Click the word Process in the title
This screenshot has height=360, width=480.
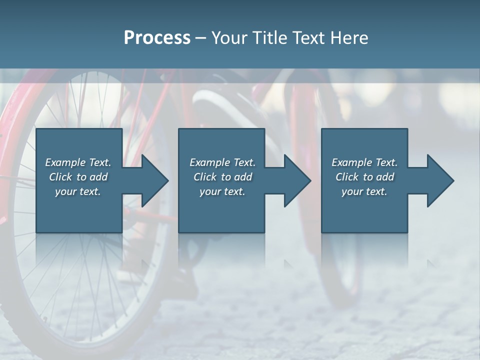[157, 38]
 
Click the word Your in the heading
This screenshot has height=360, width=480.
[230, 38]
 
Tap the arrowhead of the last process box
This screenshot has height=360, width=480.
[439, 180]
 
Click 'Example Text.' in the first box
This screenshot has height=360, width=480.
[78, 162]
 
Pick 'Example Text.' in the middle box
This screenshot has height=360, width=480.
[222, 162]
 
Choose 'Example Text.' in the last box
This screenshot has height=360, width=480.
[364, 162]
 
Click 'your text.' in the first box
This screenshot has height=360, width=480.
[78, 191]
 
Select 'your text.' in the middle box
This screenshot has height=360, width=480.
[222, 191]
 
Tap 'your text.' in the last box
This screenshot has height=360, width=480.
[364, 191]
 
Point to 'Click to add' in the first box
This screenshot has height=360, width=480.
[78, 177]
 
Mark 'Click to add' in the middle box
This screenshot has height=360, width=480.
[222, 177]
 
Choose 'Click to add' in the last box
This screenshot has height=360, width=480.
[364, 177]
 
